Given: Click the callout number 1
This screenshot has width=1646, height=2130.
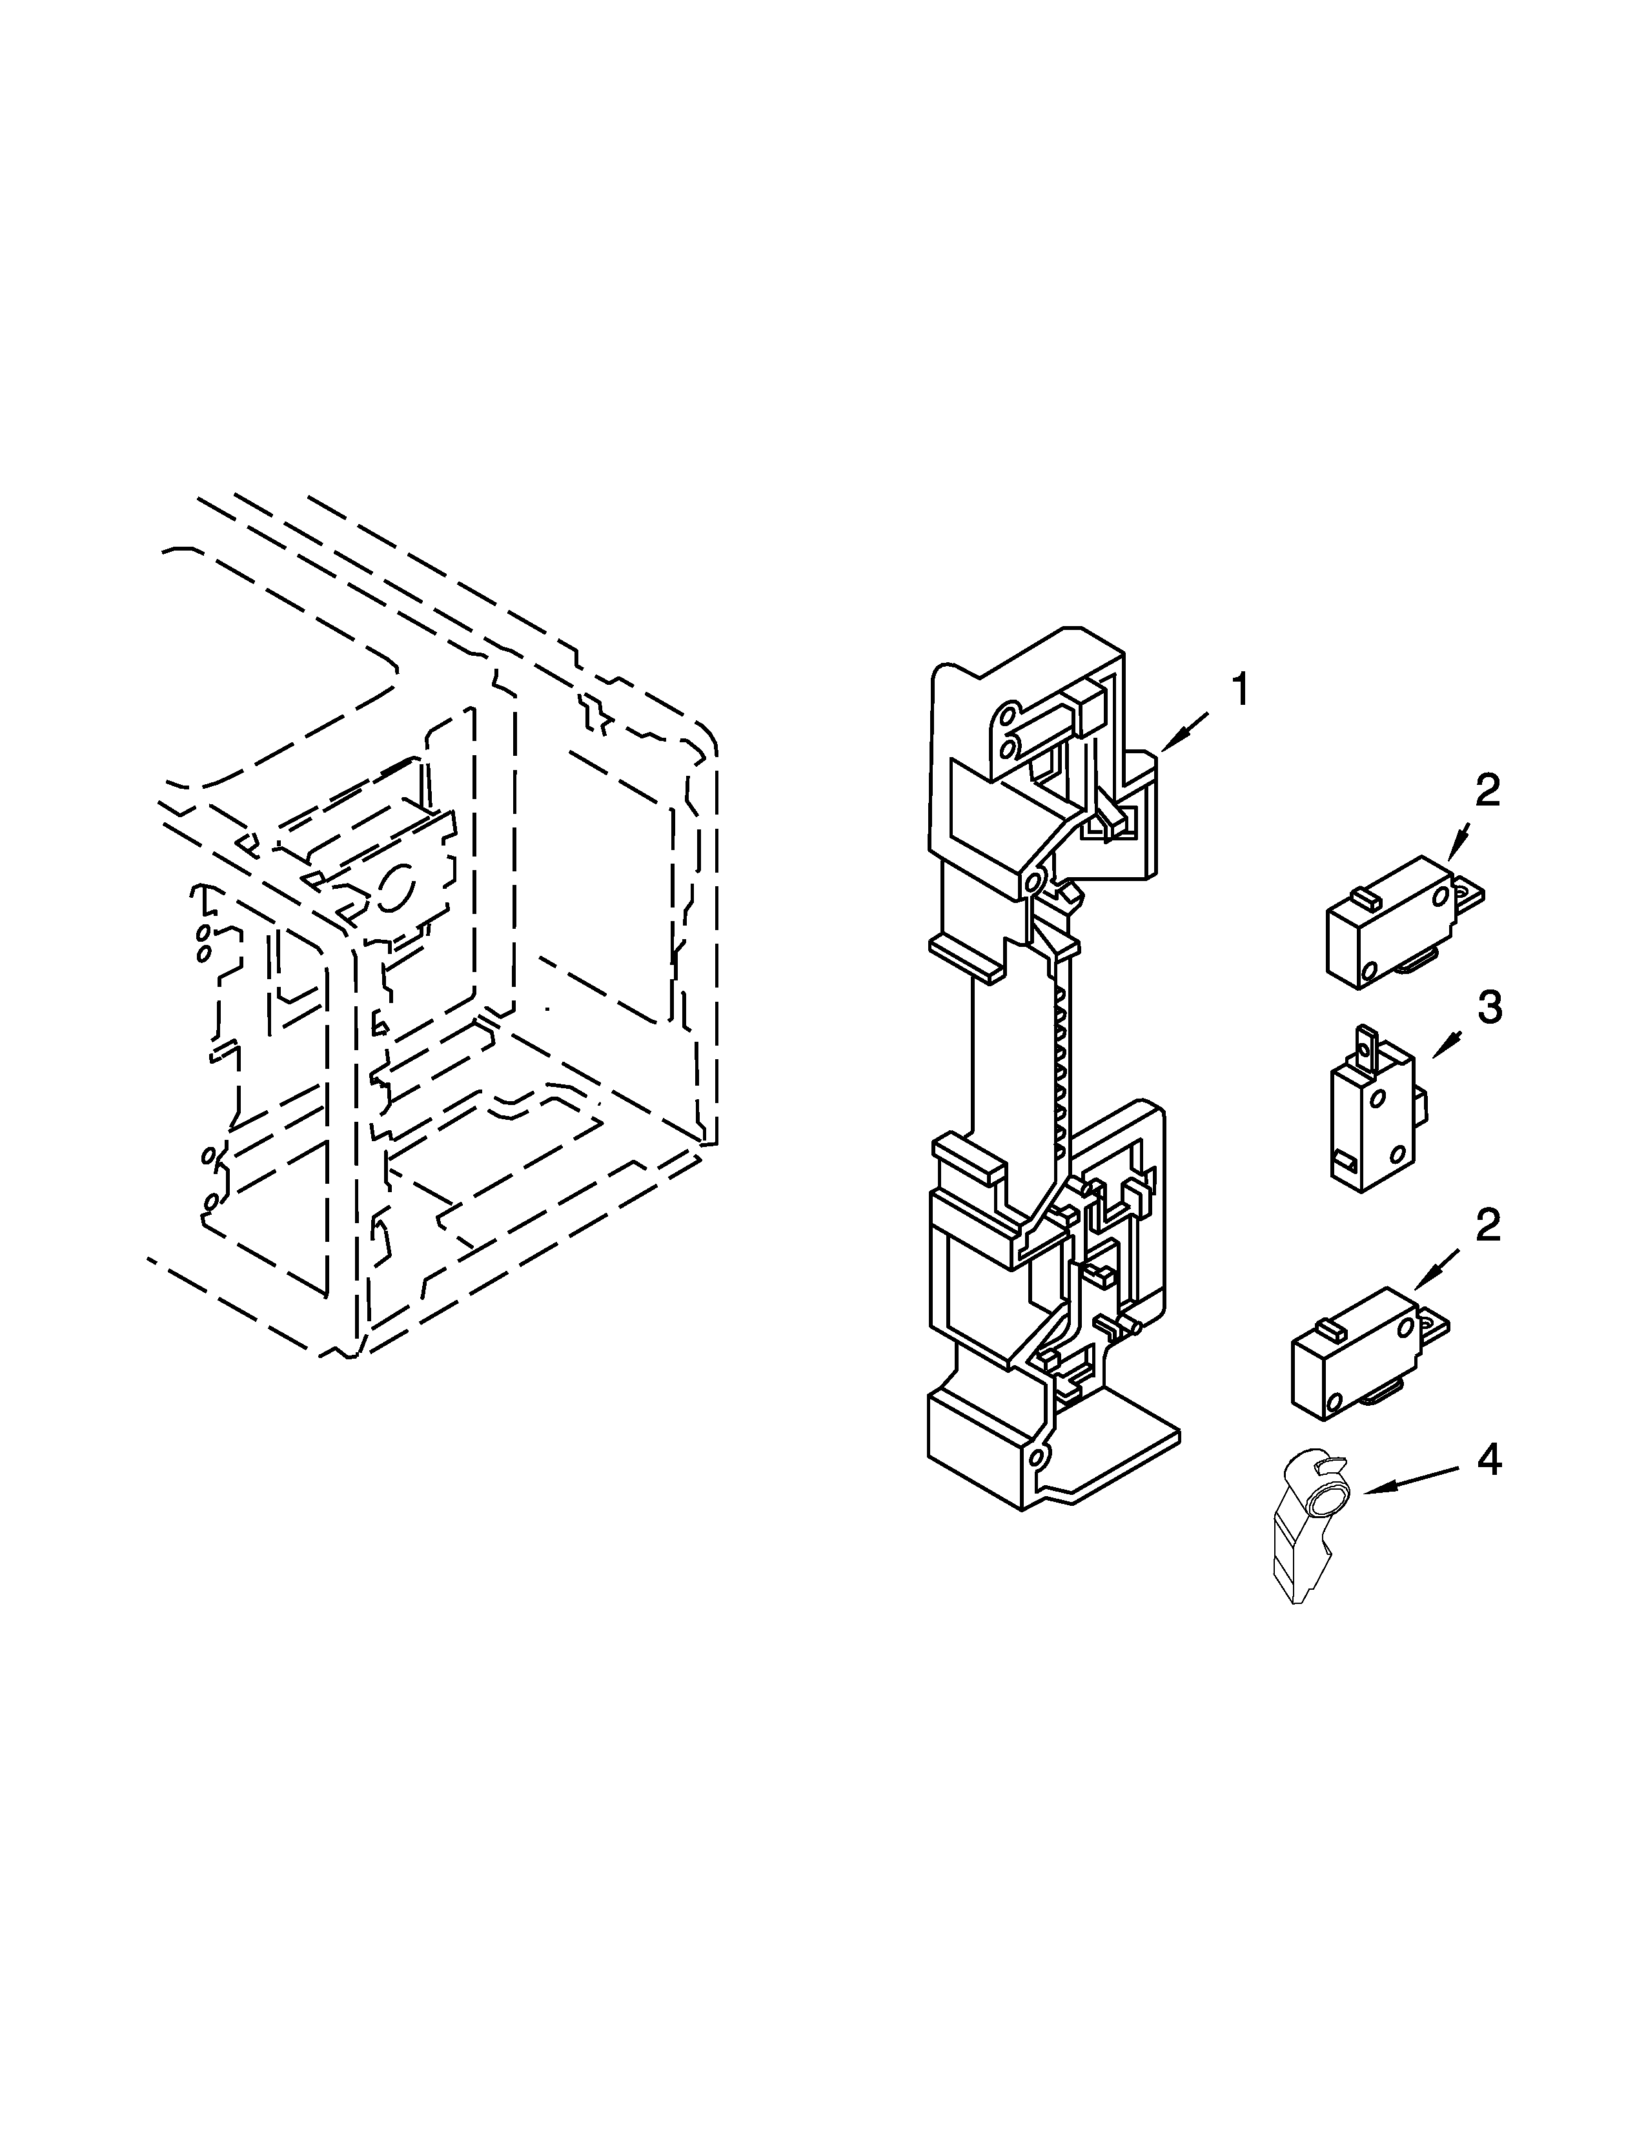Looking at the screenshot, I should point(1239,691).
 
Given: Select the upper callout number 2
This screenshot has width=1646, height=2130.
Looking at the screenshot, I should point(1486,791).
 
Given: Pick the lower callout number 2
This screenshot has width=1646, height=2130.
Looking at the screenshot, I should point(1486,1225).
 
